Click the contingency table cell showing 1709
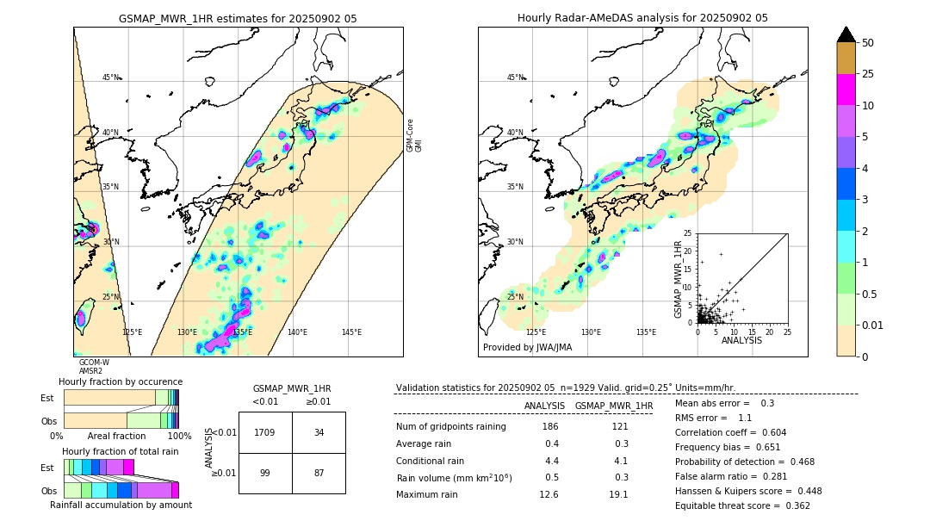265,432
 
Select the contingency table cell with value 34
319,432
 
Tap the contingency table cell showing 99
265,473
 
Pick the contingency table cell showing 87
319,473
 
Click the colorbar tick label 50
868,43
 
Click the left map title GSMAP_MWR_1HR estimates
237,18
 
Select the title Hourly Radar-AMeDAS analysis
642,18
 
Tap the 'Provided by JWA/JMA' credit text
527,347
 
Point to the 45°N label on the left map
111,77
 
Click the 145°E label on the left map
351,332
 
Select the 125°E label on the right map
536,332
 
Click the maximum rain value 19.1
618,494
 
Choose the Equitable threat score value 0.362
792,505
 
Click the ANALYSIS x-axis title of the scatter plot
741,340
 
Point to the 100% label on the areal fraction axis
179,436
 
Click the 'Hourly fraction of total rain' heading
121,451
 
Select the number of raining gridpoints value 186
549,426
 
